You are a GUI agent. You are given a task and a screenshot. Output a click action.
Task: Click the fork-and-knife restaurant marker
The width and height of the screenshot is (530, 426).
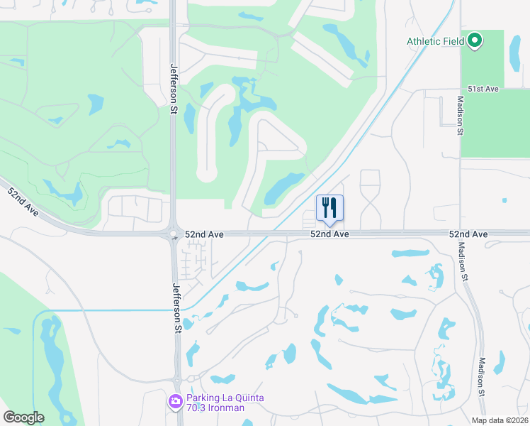[x=329, y=208]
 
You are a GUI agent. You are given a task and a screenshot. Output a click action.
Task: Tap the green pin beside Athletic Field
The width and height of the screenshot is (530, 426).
[x=474, y=40]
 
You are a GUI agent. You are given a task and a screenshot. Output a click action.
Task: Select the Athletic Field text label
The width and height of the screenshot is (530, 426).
[x=435, y=41]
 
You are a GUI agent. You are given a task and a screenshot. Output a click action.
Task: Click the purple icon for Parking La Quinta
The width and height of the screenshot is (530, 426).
[x=175, y=403]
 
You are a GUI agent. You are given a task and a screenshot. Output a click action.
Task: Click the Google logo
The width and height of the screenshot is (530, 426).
[x=23, y=417]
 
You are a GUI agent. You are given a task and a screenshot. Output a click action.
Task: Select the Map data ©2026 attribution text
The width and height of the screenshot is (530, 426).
[x=500, y=420]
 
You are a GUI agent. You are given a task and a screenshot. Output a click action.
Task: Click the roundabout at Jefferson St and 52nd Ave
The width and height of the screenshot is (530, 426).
[x=173, y=234]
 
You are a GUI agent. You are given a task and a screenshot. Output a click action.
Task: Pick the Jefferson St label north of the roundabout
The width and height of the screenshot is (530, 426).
[x=173, y=89]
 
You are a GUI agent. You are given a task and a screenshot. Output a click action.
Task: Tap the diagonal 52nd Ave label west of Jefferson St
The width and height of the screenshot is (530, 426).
[x=23, y=202]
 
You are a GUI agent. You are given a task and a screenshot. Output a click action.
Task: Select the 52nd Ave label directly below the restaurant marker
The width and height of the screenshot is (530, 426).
[x=329, y=234]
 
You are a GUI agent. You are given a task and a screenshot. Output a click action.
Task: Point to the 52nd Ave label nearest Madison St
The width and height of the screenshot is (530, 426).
[x=468, y=234]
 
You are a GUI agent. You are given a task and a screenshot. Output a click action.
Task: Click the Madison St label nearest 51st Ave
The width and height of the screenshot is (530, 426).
[x=460, y=116]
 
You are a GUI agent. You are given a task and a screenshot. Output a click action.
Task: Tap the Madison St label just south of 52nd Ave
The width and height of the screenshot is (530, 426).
[x=463, y=262]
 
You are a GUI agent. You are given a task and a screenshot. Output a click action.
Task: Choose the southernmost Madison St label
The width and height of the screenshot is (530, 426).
[x=482, y=376]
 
